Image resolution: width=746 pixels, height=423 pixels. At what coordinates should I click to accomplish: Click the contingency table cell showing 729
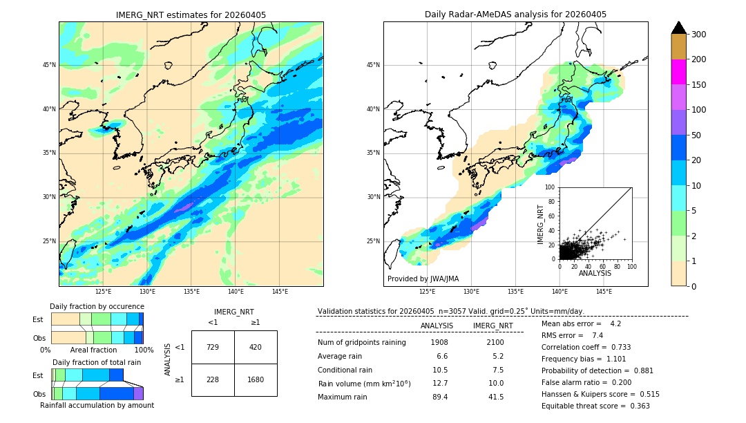click(x=213, y=347)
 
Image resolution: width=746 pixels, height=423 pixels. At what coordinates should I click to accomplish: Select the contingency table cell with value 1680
click(x=256, y=379)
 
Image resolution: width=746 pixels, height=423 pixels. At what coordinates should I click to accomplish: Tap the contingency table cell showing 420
click(x=256, y=347)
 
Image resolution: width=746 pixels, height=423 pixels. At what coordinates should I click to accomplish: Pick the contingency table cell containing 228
click(x=213, y=379)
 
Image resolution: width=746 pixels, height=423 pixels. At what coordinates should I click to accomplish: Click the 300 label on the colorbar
click(x=700, y=35)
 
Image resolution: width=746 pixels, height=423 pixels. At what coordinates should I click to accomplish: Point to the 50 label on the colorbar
click(x=698, y=135)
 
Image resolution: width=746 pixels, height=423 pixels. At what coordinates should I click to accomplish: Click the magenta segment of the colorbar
click(x=678, y=72)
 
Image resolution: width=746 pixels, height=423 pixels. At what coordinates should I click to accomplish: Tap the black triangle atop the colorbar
click(x=678, y=28)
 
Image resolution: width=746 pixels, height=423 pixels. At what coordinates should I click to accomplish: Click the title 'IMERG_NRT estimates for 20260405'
click(x=191, y=15)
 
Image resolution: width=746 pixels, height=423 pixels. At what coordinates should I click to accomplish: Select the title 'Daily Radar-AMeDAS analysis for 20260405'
click(x=515, y=15)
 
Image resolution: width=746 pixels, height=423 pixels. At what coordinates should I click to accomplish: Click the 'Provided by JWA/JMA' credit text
click(x=423, y=279)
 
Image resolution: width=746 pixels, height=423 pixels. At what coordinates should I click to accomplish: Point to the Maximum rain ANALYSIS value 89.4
click(x=439, y=397)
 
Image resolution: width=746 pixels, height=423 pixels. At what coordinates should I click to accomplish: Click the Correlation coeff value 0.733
click(x=616, y=347)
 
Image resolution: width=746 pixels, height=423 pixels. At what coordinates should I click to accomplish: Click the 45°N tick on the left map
click(x=49, y=65)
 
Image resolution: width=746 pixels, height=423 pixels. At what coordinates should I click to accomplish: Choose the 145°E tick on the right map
click(x=604, y=292)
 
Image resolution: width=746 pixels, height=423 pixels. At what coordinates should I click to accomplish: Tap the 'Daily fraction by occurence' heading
click(x=97, y=306)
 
